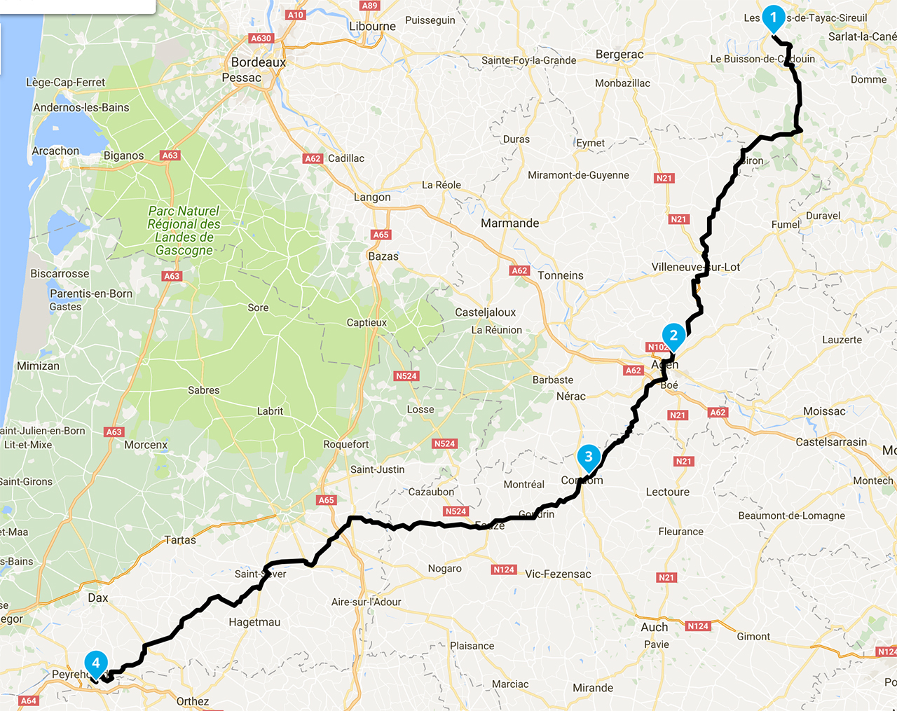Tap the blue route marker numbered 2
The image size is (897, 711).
pos(673,336)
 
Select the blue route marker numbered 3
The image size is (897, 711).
pos(588,457)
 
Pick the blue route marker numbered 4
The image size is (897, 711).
pos(95,663)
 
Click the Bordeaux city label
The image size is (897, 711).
pos(259,62)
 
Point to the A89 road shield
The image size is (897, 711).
pos(369,6)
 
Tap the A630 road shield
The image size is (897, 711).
pos(261,39)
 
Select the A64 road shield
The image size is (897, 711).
pos(28,700)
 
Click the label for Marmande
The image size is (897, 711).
pos(509,223)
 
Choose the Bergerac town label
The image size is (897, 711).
pos(619,55)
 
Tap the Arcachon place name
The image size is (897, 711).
pos(55,151)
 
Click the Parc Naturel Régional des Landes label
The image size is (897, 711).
pos(184,230)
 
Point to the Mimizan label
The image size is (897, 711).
pos(38,366)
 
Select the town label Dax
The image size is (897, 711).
pos(98,598)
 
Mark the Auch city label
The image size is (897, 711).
pos(654,627)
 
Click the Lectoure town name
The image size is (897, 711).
pos(667,492)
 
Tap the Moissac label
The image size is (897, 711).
pos(824,411)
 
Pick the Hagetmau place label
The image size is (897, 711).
pos(254,622)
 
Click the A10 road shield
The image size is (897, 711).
pos(295,15)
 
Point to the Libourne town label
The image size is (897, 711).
pos(372,27)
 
